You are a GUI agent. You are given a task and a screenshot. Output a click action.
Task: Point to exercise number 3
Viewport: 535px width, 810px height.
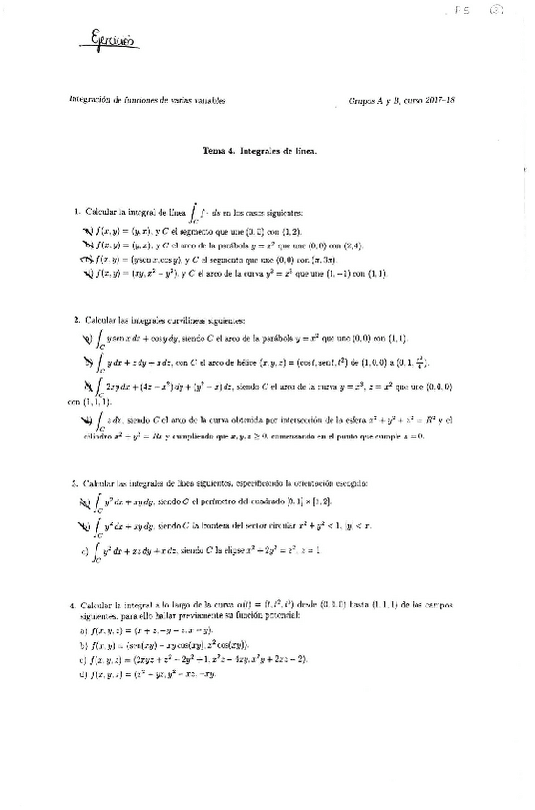(x=75, y=485)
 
